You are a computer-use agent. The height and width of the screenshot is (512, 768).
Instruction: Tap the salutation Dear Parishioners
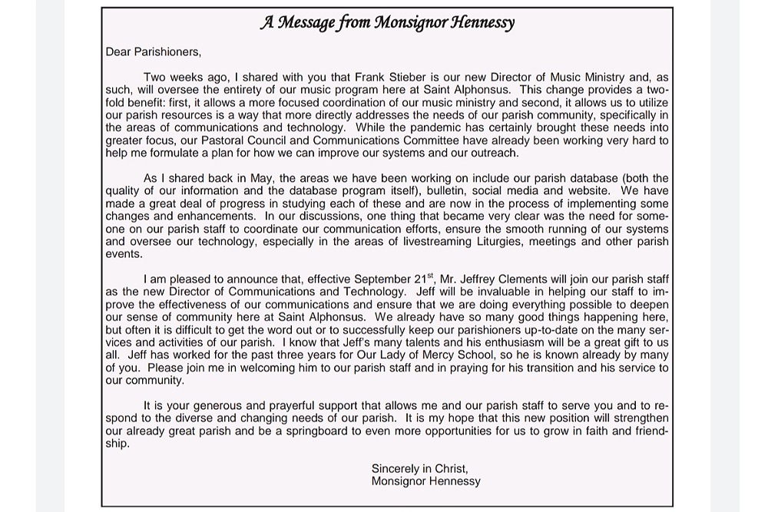tap(153, 52)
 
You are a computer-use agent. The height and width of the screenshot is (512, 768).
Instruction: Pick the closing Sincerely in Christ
tap(419, 468)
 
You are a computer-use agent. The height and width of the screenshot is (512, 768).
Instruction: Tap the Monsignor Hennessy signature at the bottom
tap(425, 481)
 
